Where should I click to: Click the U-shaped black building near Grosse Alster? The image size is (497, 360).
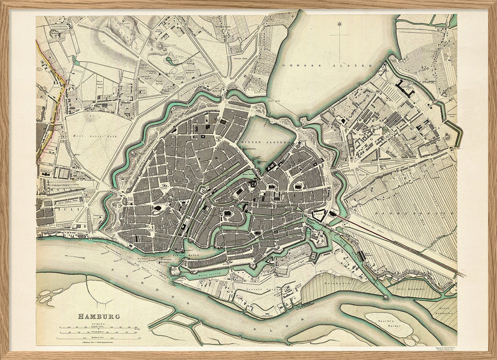point(407,88)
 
